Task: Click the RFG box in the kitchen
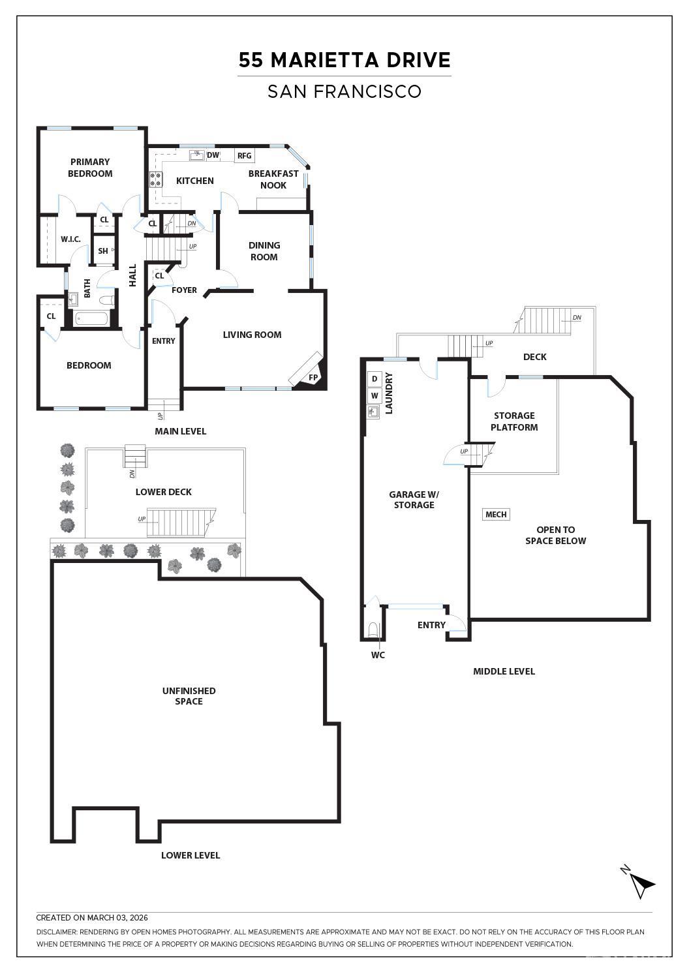coord(245,156)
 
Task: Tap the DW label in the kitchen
coord(213,155)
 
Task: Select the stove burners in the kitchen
coord(156,179)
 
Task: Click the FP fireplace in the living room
coord(310,371)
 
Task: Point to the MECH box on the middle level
coord(496,514)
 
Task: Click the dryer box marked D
coord(375,379)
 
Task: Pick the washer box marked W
coord(375,396)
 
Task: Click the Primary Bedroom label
coord(90,168)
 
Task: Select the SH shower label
coord(103,251)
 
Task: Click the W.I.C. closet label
coord(70,239)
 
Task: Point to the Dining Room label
coord(264,251)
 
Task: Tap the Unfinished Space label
coord(189,695)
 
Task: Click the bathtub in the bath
coord(91,319)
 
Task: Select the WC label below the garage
coord(378,655)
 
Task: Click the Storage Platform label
coord(514,421)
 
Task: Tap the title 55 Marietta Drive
coord(344,59)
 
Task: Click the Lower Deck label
coord(164,492)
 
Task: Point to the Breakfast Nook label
coord(273,179)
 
